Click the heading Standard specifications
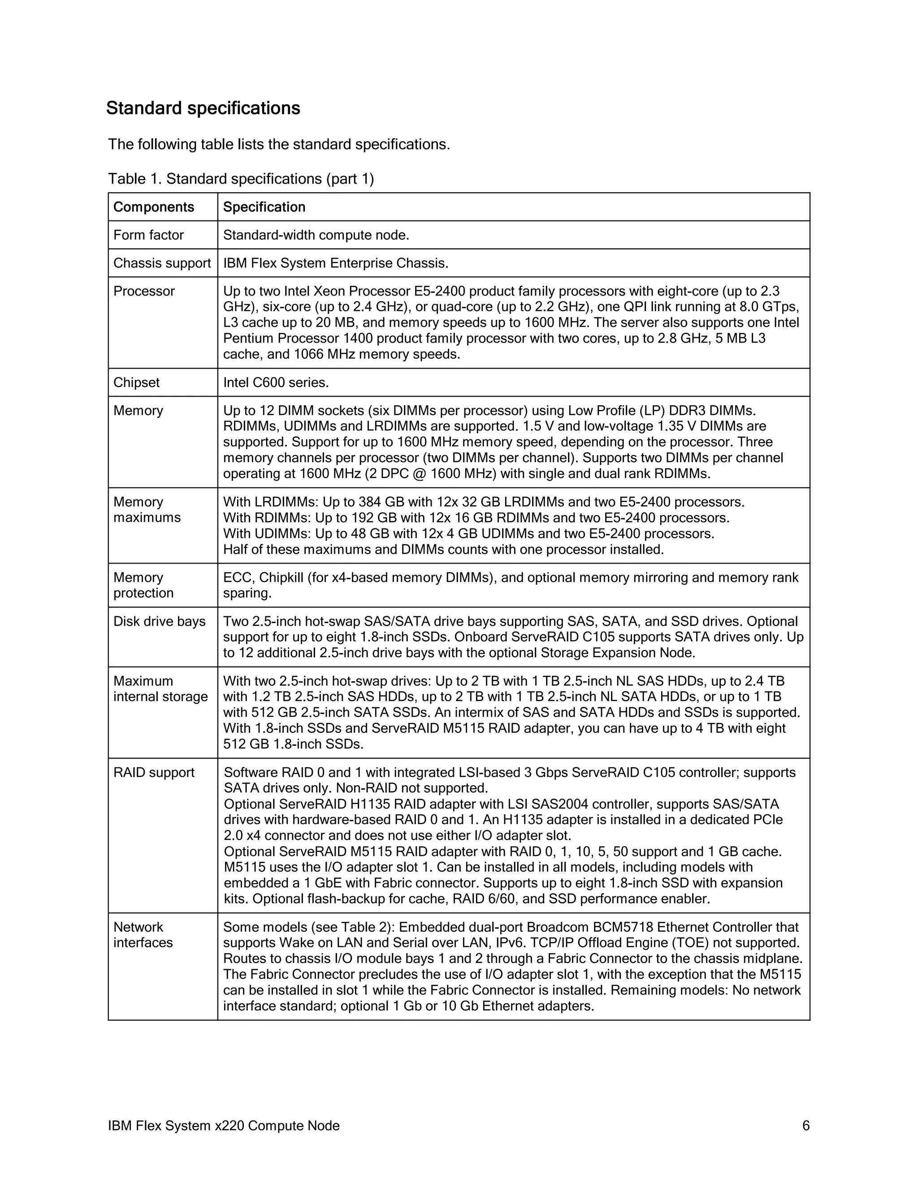tap(203, 108)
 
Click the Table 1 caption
tap(241, 179)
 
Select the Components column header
tap(153, 207)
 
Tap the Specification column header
tap(264, 207)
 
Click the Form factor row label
tap(148, 235)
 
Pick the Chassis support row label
tap(162, 263)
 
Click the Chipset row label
tap(137, 383)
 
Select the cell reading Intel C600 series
tap(276, 383)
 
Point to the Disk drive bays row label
tap(159, 621)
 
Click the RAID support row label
tap(154, 772)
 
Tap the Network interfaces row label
tap(143, 934)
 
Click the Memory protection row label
tap(143, 585)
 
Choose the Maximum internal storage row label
tap(160, 688)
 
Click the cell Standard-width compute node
tap(316, 235)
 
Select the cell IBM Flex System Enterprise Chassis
tap(336, 263)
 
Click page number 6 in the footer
tap(806, 1126)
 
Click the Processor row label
tap(144, 291)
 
